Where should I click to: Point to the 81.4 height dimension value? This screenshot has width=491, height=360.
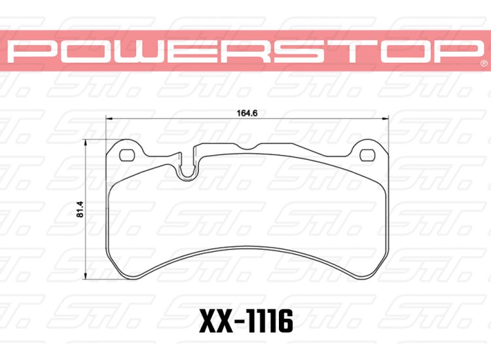click(x=80, y=208)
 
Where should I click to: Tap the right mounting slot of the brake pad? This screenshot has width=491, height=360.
click(x=367, y=154)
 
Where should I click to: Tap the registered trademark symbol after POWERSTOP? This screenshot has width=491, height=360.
click(x=483, y=63)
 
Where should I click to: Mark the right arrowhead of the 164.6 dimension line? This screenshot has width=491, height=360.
click(x=387, y=118)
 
